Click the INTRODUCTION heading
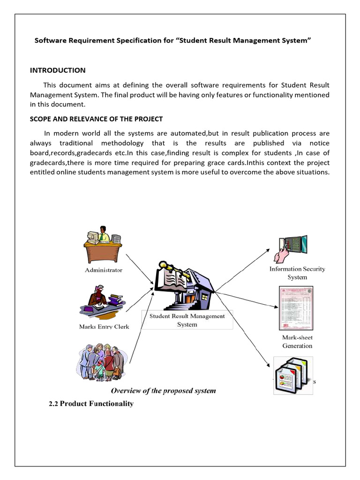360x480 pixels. (58, 70)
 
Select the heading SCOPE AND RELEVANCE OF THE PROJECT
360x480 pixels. (96, 119)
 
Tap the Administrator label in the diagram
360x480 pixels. (103, 270)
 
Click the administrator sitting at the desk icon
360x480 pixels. (102, 244)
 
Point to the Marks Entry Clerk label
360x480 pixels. (104, 327)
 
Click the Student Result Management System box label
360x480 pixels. (187, 320)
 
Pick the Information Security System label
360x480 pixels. (297, 273)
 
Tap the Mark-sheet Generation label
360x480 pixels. (297, 342)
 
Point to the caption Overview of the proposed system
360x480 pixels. (163, 390)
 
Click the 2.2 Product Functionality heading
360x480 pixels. (91, 404)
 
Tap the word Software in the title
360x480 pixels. (51, 41)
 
